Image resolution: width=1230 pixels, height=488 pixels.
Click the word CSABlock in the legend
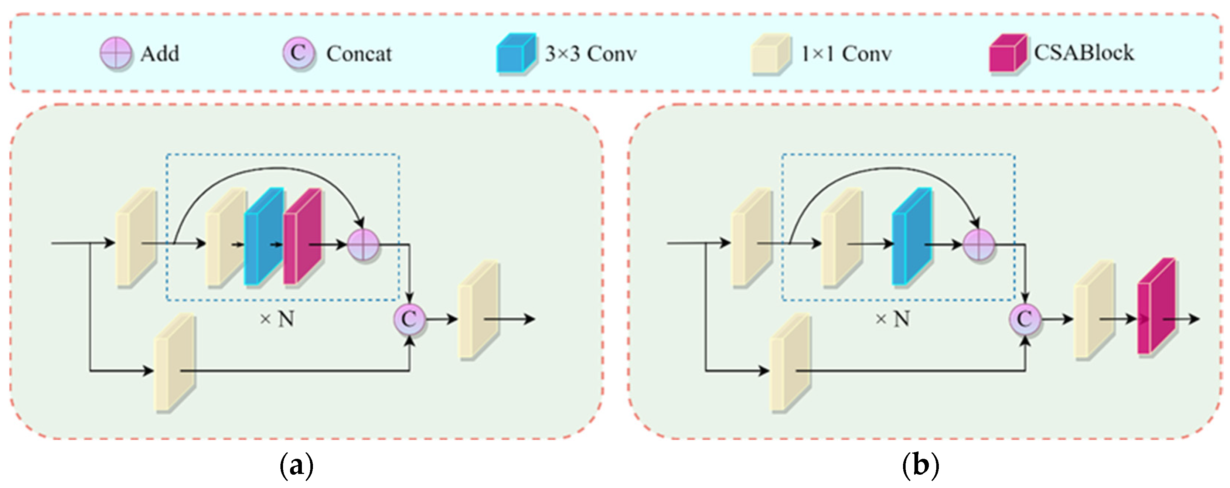[x=1084, y=52]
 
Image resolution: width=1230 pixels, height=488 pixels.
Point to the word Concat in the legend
[x=359, y=54]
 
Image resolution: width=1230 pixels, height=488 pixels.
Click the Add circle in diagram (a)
[x=363, y=245]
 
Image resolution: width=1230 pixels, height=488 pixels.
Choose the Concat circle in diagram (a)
[x=410, y=319]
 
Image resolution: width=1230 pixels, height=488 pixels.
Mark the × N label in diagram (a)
[x=277, y=319]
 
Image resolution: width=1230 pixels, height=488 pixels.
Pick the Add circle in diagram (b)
[x=979, y=245]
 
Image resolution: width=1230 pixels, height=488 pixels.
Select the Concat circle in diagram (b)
[x=1025, y=319]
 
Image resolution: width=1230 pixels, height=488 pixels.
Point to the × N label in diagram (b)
[x=892, y=319]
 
